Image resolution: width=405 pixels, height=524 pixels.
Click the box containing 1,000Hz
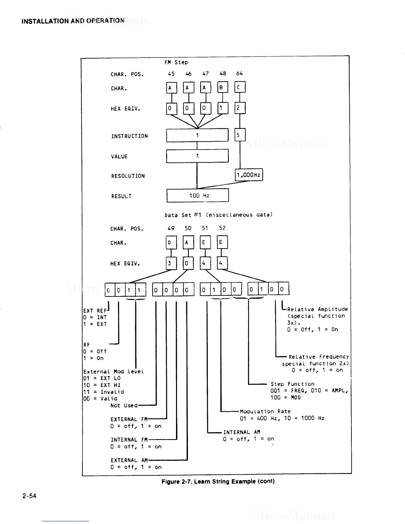point(249,175)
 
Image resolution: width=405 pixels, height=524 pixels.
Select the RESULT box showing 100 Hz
point(198,196)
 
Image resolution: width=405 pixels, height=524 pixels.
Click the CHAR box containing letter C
point(240,88)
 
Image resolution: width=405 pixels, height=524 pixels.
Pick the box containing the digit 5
point(240,135)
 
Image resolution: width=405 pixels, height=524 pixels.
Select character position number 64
point(240,73)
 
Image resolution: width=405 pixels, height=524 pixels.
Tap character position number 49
point(171,228)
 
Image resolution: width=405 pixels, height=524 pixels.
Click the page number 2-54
point(29,496)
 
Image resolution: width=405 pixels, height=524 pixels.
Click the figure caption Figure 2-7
point(218,481)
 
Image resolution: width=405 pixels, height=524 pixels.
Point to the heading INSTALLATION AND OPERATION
point(73,21)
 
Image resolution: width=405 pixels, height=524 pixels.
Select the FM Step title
point(176,62)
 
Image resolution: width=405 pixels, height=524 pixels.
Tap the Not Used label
point(124,406)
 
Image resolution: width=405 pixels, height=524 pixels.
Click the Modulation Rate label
point(265,412)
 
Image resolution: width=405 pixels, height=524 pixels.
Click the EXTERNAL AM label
point(129,460)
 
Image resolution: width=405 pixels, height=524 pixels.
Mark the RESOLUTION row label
point(128,176)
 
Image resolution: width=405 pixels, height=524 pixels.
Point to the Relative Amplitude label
point(317,309)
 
